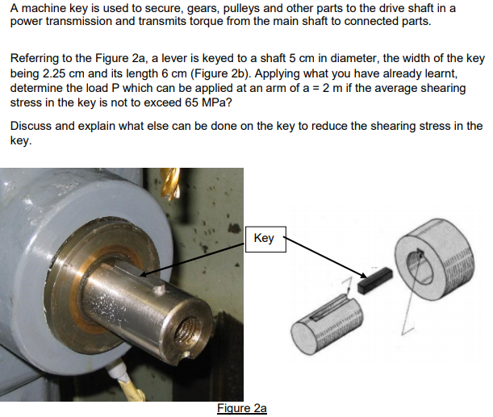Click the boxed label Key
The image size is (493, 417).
(264, 238)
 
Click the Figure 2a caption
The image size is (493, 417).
(242, 409)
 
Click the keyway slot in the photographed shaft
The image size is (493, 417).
(129, 279)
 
